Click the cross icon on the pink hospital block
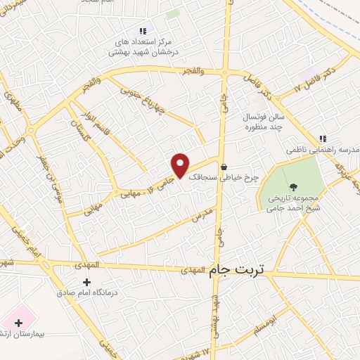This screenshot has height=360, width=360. (18, 322)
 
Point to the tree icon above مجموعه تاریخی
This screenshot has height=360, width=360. (293, 187)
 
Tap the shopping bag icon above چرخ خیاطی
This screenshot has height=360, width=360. (224, 168)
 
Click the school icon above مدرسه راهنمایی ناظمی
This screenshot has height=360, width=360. (323, 139)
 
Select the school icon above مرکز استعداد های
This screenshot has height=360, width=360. (143, 31)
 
